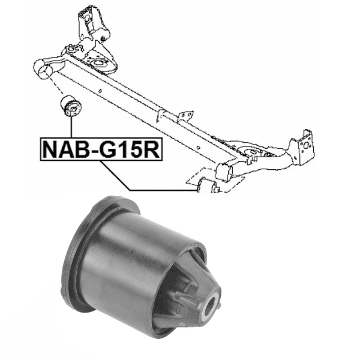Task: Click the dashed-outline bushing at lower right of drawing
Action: click(206, 186)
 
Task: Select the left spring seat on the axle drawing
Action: click(99, 60)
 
